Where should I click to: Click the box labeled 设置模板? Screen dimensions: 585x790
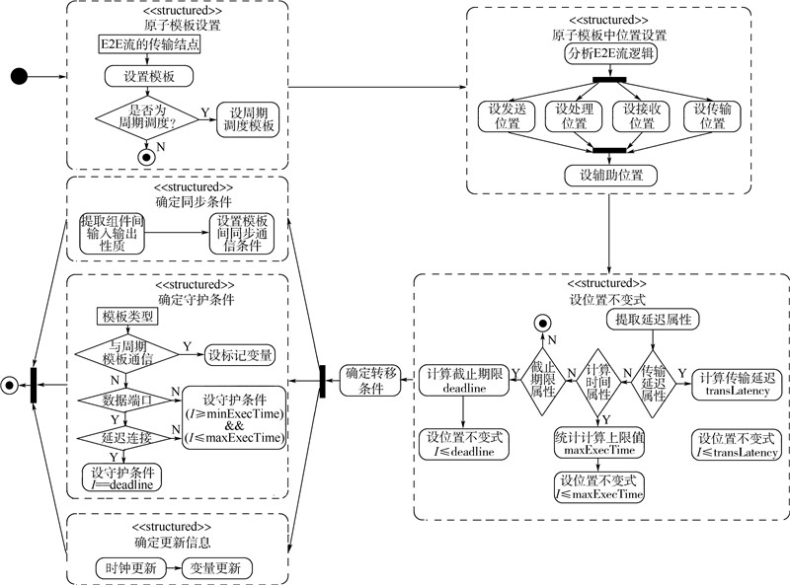tap(148, 76)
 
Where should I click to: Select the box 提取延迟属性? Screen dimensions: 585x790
tap(653, 320)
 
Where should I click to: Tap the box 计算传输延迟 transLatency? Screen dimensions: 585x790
tap(738, 383)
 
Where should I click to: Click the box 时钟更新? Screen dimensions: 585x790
tap(125, 568)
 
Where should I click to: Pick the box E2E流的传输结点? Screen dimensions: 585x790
tap(148, 44)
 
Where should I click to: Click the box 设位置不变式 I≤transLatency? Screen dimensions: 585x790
tap(738, 445)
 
